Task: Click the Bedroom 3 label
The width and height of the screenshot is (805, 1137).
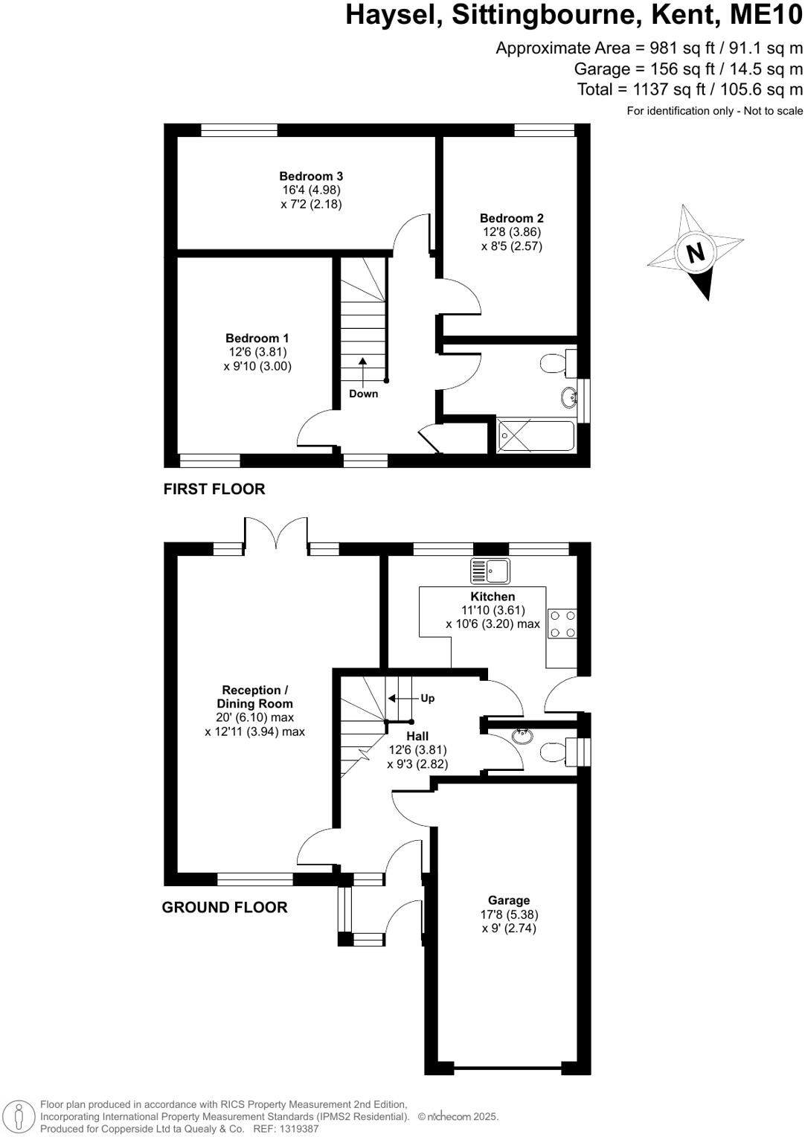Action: click(x=311, y=176)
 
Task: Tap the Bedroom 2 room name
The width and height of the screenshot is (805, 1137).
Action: click(x=511, y=218)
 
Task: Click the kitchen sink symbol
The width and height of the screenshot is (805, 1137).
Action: click(x=489, y=571)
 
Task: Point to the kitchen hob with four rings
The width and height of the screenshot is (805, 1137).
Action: click(x=562, y=624)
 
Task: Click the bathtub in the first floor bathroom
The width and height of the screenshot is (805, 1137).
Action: click(x=536, y=436)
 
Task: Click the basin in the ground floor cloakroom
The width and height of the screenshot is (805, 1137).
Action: click(x=523, y=736)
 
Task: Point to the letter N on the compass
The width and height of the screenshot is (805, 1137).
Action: click(x=695, y=253)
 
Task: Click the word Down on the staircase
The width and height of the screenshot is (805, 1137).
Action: click(x=363, y=394)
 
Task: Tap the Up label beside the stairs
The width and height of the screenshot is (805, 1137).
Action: click(x=427, y=698)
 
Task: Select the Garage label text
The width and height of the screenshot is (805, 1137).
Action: click(x=509, y=900)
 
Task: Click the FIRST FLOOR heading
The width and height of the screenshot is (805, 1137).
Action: click(x=214, y=489)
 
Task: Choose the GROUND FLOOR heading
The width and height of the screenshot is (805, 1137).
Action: click(x=225, y=907)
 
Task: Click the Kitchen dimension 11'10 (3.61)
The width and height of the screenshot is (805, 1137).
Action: click(x=493, y=610)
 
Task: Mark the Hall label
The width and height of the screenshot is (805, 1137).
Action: click(x=417, y=736)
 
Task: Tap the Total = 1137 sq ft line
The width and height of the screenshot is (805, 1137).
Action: click(x=690, y=89)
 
